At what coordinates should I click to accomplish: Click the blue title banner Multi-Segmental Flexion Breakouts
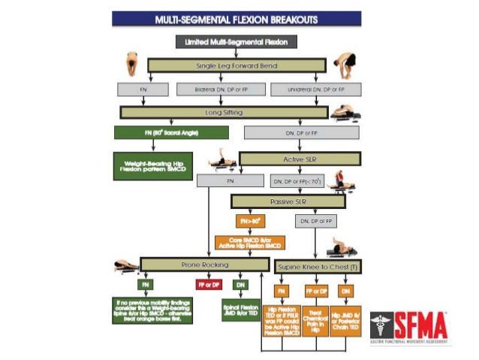[236, 18]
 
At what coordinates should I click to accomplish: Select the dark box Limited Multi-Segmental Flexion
[236, 42]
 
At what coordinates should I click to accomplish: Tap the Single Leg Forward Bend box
[236, 66]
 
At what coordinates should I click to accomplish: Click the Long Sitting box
[224, 113]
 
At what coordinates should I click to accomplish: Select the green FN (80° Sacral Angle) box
[170, 132]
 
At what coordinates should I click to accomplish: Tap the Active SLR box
[300, 159]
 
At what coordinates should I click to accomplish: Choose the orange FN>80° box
[251, 222]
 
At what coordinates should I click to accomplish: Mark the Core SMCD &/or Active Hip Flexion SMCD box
[251, 243]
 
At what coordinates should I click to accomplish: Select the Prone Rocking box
[204, 265]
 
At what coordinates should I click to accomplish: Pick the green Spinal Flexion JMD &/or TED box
[240, 309]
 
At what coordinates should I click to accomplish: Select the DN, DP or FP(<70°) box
[297, 181]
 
